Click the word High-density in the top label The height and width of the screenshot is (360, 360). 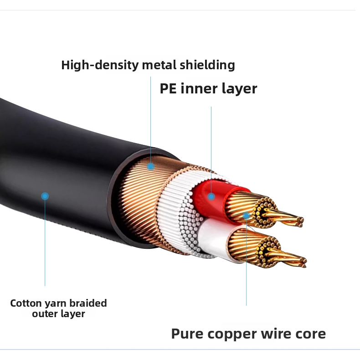tap(100, 65)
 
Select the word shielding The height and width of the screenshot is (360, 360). tap(207, 65)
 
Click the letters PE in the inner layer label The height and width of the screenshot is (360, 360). tap(168, 88)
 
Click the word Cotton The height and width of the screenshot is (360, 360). tap(26, 303)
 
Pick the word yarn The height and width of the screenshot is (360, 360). tap(56, 304)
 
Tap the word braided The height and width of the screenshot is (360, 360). tap(88, 303)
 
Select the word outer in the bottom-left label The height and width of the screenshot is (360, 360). tap(42, 314)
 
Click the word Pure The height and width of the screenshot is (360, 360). tap(187, 334)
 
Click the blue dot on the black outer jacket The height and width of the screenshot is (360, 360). tap(45, 196)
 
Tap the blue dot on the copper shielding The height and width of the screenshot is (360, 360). tap(151, 166)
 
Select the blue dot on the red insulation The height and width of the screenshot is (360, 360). tap(211, 196)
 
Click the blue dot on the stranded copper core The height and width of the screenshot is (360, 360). tap(247, 216)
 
